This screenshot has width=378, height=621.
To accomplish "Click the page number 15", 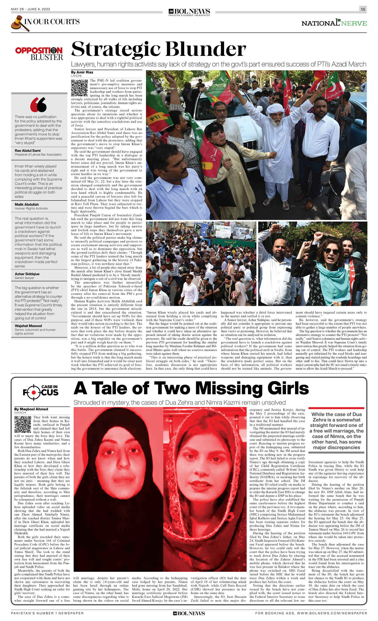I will click(363, 9).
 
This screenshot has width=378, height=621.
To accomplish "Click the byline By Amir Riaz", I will click(82, 72).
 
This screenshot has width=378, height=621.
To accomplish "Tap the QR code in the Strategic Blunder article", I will click(79, 88).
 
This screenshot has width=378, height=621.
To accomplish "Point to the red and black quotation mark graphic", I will click(38, 105).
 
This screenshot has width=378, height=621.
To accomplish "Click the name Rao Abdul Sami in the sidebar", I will click(27, 150).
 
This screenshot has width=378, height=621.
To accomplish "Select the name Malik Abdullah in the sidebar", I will click(27, 204).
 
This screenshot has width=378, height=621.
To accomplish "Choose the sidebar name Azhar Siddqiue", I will click(27, 274).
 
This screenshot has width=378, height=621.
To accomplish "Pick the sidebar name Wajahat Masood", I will click(28, 326).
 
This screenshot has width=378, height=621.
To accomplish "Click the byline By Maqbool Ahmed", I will click(31, 409).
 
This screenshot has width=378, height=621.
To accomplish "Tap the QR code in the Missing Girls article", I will click(23, 424).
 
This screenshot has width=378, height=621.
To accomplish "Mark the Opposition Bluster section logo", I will click(39, 53).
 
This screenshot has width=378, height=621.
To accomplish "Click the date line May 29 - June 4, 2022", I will click(31, 9).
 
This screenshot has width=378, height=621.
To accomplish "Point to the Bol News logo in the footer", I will click(189, 613).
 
